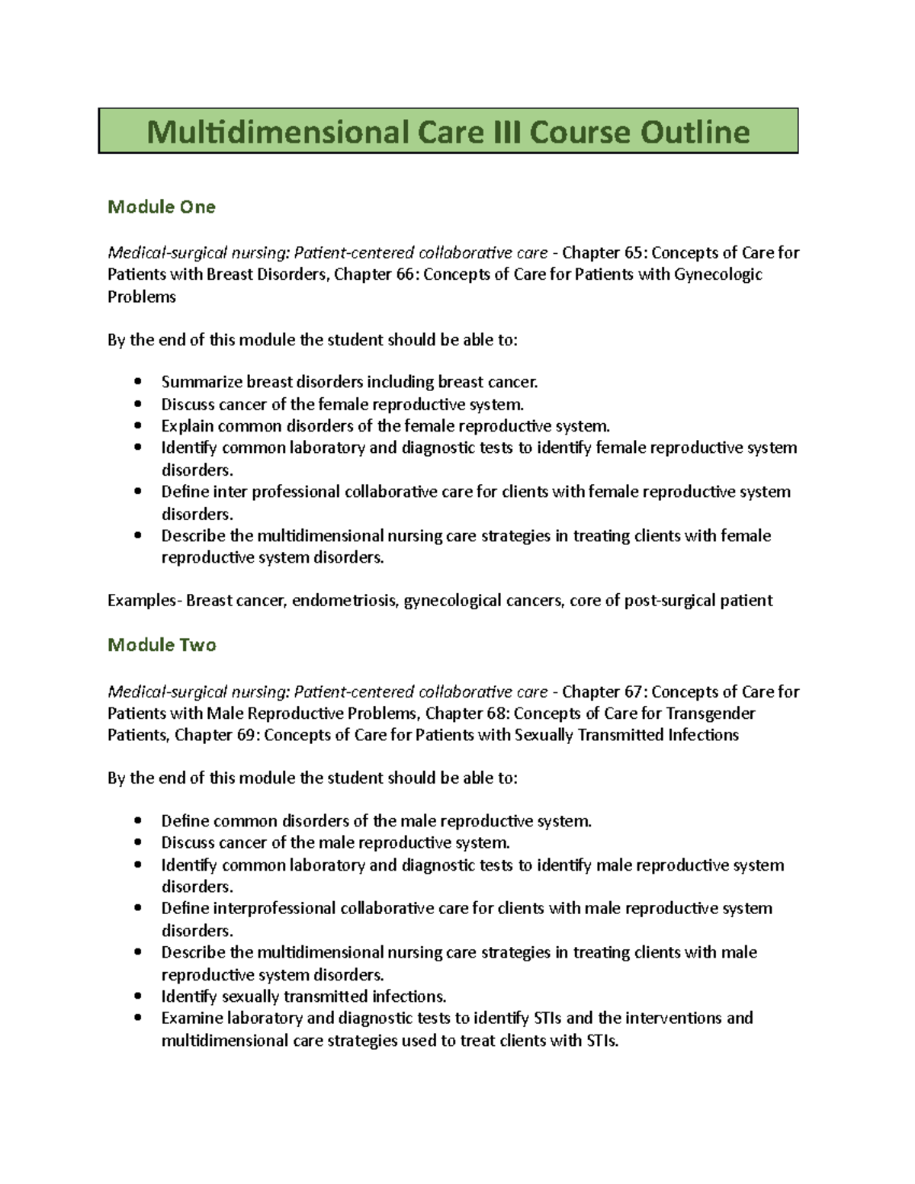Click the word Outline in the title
695,132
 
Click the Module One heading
161,207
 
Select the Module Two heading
162,645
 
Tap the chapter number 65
632,252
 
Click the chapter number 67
632,691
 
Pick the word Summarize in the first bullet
201,382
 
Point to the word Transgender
710,714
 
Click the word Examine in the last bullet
191,1019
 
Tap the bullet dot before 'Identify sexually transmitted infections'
137,996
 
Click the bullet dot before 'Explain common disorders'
137,426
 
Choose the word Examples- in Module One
144,601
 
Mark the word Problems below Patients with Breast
141,297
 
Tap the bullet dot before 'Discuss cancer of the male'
137,842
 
